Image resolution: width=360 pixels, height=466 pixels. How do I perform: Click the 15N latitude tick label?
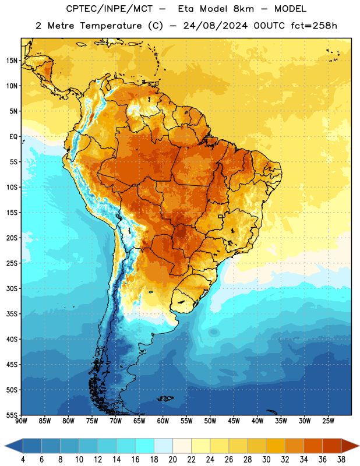12,61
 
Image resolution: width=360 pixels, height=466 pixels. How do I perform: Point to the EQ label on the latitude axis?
13,137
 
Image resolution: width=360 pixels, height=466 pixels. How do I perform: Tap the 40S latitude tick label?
12,339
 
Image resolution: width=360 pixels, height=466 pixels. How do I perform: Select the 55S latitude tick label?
12,415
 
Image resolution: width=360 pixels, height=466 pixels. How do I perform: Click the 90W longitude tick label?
21,421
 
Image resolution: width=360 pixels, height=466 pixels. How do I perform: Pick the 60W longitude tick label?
163,421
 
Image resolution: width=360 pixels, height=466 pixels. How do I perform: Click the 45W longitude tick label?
234,421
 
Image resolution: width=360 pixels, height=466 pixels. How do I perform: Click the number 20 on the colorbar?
172,460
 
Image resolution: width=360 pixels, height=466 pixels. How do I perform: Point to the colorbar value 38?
341,460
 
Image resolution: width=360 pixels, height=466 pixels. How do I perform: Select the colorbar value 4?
23,460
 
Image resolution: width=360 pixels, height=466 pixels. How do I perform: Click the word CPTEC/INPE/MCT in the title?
110,9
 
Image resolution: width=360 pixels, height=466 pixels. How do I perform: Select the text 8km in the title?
243,9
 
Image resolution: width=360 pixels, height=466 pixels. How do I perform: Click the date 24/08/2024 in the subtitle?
215,26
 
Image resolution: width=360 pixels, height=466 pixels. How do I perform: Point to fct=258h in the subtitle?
314,26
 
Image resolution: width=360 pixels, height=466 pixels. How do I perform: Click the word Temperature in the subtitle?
111,26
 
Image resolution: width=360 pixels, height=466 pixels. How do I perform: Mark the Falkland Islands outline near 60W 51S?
165,398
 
